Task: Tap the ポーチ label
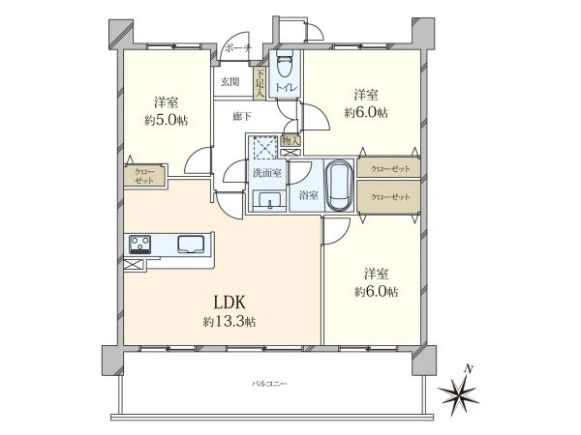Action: point(237,48)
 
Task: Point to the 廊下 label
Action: point(243,116)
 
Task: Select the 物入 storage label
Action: point(290,141)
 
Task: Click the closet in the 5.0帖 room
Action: point(144,176)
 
